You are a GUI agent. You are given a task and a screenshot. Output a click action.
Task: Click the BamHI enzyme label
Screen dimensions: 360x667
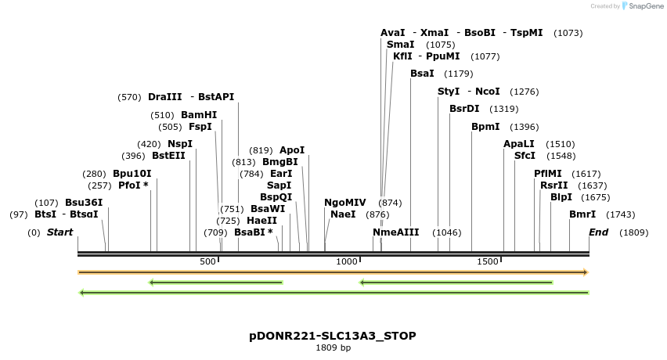(x=199, y=115)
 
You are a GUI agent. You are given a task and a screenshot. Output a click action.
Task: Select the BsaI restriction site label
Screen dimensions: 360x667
(x=422, y=74)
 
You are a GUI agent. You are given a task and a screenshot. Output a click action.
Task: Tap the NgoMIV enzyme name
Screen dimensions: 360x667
(x=344, y=203)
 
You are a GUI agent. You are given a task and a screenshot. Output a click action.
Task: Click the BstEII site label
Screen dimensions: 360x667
(x=168, y=156)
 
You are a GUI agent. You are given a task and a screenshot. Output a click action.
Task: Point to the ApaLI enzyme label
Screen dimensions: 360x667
(x=519, y=144)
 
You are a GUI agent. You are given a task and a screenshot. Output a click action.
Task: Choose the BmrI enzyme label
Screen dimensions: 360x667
(x=582, y=214)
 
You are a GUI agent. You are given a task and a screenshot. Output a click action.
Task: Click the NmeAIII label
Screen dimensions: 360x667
(x=396, y=232)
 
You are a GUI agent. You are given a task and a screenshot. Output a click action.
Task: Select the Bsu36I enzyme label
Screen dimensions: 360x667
(x=84, y=203)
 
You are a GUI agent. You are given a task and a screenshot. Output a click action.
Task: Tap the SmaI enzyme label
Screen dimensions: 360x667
(x=401, y=45)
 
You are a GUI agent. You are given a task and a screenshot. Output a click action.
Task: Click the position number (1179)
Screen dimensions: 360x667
(x=459, y=74)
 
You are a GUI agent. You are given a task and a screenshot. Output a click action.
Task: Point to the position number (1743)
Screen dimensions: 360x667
(x=621, y=215)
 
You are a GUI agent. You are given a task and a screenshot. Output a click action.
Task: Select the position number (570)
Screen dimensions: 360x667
(x=129, y=98)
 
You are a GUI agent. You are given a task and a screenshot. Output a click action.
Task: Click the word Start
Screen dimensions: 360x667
(x=59, y=232)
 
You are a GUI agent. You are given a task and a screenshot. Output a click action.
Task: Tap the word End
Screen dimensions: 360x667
(x=598, y=232)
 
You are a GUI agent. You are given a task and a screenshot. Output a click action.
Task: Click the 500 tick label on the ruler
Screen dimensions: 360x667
(x=208, y=261)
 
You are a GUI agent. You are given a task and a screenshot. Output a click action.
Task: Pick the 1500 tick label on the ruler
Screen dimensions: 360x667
(x=488, y=261)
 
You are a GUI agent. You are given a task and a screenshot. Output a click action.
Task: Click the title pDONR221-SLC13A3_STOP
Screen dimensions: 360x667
(x=333, y=336)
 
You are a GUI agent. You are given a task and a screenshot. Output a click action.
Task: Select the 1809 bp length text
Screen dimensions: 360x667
(x=333, y=347)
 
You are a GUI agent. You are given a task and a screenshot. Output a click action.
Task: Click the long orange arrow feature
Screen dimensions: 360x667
(x=333, y=272)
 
